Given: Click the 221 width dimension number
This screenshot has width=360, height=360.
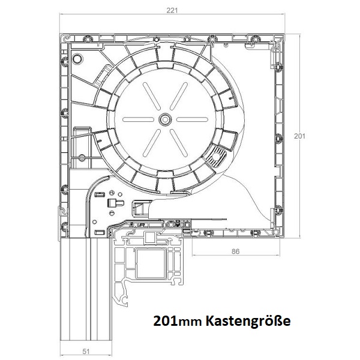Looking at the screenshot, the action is [x=172, y=11].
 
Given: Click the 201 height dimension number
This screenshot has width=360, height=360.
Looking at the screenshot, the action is [x=299, y=136].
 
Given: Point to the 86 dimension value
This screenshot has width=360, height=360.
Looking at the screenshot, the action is [x=235, y=251].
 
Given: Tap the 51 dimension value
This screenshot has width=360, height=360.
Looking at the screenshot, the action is [x=86, y=351].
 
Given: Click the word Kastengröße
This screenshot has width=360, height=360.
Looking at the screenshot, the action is [x=248, y=321].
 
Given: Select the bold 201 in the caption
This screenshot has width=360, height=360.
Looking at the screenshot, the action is [x=165, y=321].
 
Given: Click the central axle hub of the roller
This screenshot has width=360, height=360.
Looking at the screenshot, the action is [x=165, y=119].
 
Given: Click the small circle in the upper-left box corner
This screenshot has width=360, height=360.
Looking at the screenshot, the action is [x=78, y=59].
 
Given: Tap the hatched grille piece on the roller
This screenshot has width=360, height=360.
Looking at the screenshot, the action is [x=216, y=157].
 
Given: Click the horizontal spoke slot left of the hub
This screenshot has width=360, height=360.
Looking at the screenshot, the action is [x=138, y=119].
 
